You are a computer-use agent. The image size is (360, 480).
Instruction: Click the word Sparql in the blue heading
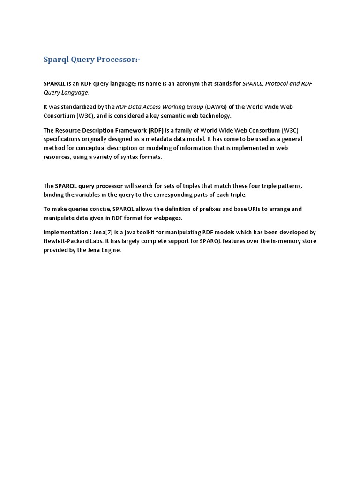tap(55, 60)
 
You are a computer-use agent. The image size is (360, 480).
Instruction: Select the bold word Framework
tap(128, 130)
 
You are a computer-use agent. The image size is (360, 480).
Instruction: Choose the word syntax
tap(121, 157)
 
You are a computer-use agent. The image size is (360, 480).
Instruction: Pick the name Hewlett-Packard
tap(66, 241)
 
